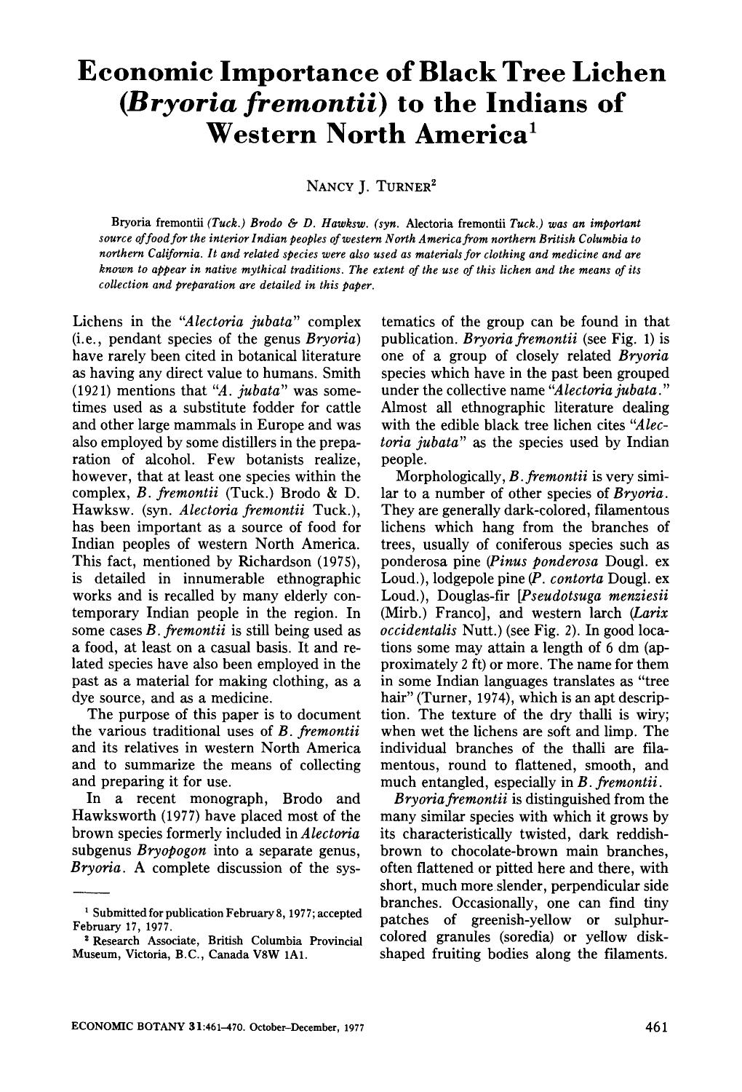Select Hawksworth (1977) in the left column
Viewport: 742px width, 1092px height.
(130, 816)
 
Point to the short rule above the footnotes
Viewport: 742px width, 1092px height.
(91, 892)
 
